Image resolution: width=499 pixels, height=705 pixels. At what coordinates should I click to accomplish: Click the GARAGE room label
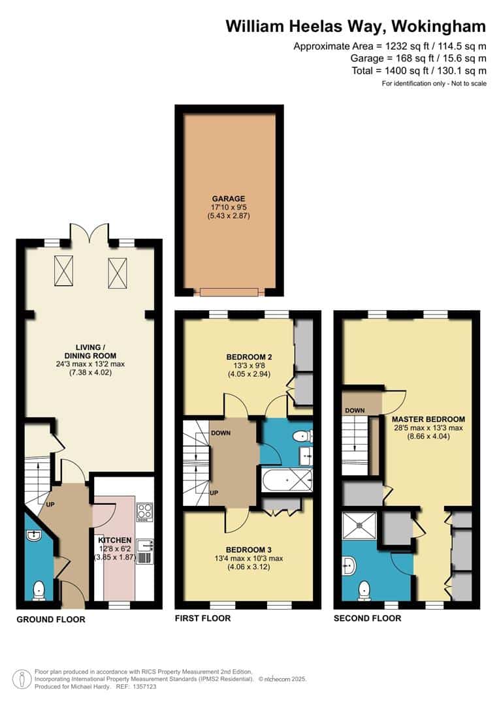(x=229, y=198)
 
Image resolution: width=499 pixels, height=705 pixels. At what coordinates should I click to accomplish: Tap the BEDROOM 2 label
(x=249, y=357)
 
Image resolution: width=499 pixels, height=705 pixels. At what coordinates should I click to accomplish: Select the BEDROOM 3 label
(x=248, y=550)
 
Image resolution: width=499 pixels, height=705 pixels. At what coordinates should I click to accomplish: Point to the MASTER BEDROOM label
(x=428, y=419)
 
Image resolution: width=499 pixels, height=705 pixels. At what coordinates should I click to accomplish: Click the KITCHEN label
(x=115, y=540)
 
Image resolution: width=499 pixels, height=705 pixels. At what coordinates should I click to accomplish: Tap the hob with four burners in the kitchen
(x=144, y=512)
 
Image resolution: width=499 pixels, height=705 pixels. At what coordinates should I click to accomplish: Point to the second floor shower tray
(x=359, y=525)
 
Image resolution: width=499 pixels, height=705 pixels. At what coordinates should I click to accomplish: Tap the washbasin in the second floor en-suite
(x=349, y=565)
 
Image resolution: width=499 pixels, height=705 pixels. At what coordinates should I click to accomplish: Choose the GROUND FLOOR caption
(x=51, y=619)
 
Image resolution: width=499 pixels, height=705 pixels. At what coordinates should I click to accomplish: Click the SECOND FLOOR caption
(x=367, y=618)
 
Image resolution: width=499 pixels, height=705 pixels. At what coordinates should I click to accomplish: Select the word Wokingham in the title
(x=439, y=27)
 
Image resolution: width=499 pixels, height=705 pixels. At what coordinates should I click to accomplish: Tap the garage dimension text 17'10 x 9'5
(x=229, y=208)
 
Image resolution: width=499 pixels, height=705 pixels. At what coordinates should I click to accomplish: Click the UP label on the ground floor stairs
(x=50, y=505)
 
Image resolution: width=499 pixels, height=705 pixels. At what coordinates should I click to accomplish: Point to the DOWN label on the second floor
(x=355, y=411)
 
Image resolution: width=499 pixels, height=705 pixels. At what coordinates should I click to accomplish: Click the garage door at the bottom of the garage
(x=229, y=292)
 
